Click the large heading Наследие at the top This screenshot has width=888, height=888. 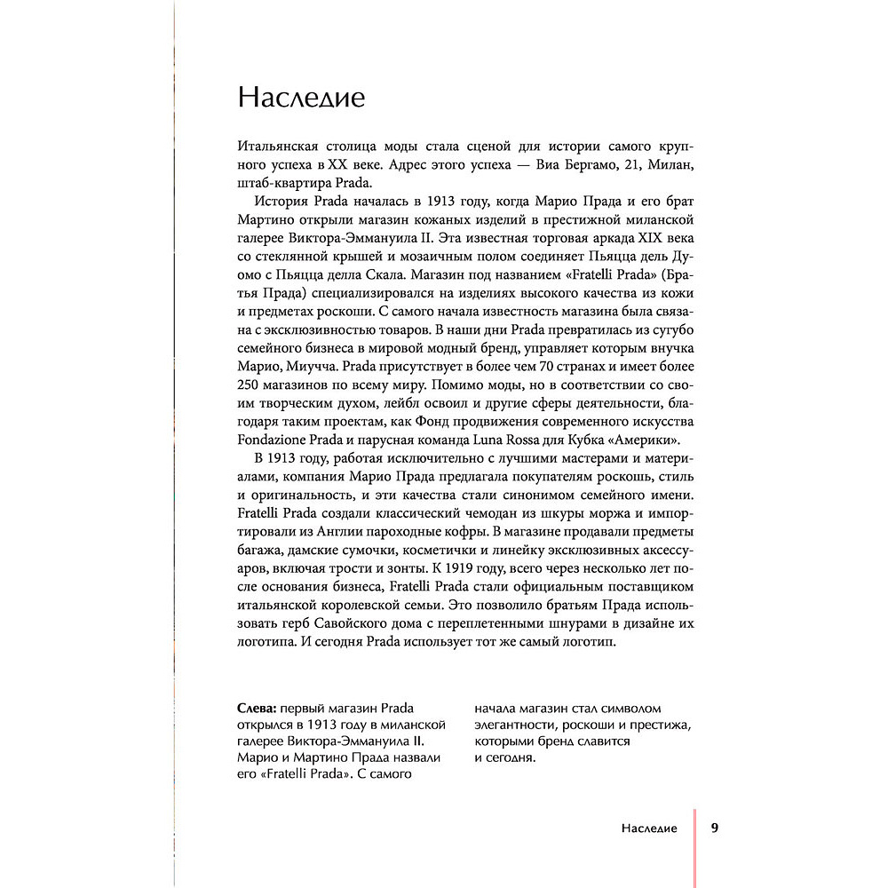[301, 97]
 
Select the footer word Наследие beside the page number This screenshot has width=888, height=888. [649, 829]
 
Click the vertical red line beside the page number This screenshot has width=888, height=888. [694, 844]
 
